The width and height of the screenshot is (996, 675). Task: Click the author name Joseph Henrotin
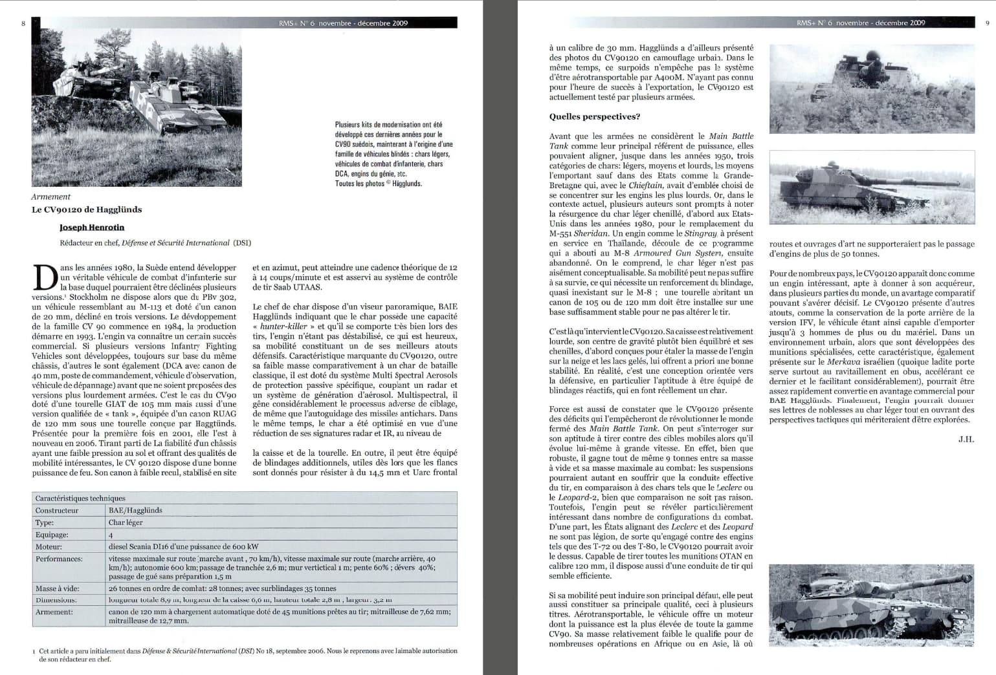[92, 228]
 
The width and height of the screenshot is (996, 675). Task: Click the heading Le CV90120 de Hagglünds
[87, 209]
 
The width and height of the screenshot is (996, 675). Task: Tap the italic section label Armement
[51, 197]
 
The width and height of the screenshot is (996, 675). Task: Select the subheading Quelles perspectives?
[595, 117]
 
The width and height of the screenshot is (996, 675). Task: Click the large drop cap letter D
[44, 278]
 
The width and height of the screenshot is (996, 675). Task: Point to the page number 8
[23, 23]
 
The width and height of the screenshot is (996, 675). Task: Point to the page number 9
[987, 23]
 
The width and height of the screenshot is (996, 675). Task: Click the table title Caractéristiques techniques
[80, 498]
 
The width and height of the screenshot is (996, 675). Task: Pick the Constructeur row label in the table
[57, 510]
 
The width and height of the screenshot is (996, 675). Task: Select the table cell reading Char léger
[126, 522]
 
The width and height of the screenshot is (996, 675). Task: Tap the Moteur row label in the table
[49, 546]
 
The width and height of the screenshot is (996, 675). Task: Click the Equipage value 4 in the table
[111, 535]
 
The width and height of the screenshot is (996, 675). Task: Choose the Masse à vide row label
[58, 588]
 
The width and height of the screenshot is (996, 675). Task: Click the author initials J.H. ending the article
[966, 439]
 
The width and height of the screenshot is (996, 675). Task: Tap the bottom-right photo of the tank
[871, 605]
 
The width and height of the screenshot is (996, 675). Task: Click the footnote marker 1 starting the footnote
[34, 651]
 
